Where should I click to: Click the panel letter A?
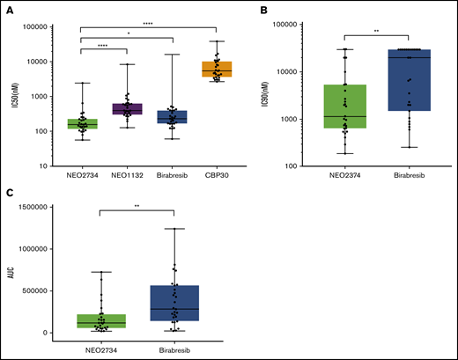tap(8, 9)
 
